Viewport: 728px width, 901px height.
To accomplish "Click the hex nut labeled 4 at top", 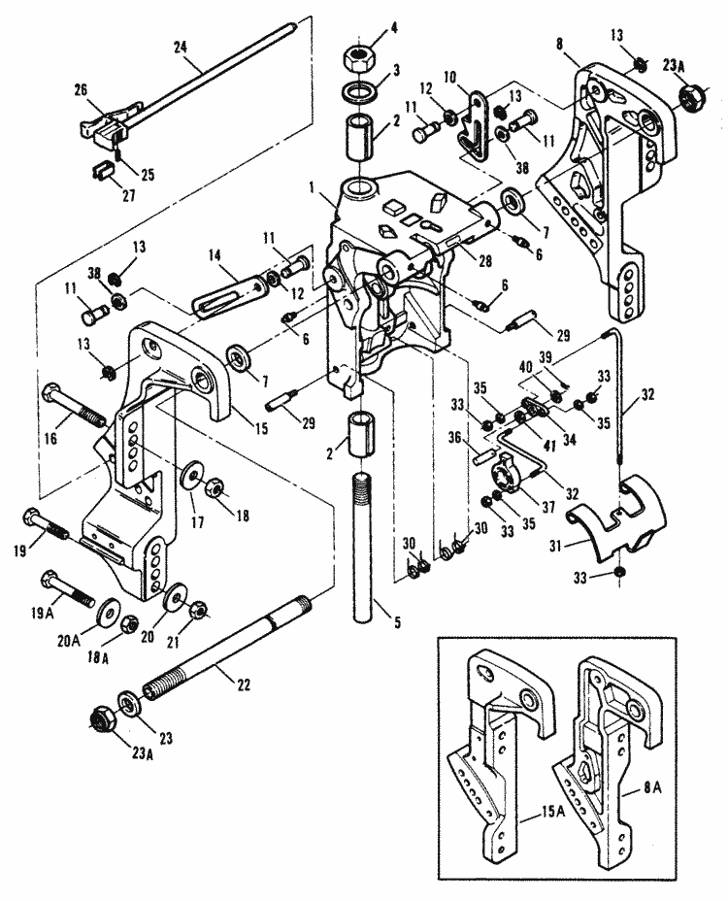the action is [358, 57].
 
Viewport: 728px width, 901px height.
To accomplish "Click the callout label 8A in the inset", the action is [651, 787].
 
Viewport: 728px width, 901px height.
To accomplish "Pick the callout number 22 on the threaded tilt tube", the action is [245, 684].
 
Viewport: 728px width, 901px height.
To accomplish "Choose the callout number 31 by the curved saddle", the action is [554, 545].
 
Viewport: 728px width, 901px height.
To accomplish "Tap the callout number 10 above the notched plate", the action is [449, 77].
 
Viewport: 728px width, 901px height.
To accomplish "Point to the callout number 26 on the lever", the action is [82, 89].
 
